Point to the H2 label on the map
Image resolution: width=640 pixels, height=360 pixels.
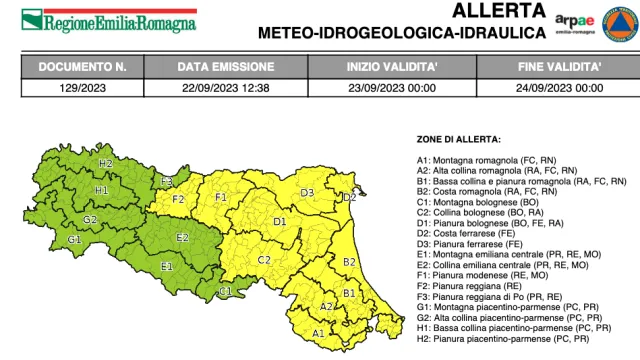click(x=105, y=162)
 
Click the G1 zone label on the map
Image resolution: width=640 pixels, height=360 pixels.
click(x=74, y=240)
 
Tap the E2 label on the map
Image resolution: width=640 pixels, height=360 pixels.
click(x=182, y=237)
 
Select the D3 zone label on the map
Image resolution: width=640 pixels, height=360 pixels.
click(x=308, y=192)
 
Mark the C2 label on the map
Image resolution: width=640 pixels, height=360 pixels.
click(x=265, y=259)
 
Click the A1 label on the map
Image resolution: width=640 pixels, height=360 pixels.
click(x=318, y=332)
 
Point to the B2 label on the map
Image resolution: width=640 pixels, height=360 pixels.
click(x=350, y=261)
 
